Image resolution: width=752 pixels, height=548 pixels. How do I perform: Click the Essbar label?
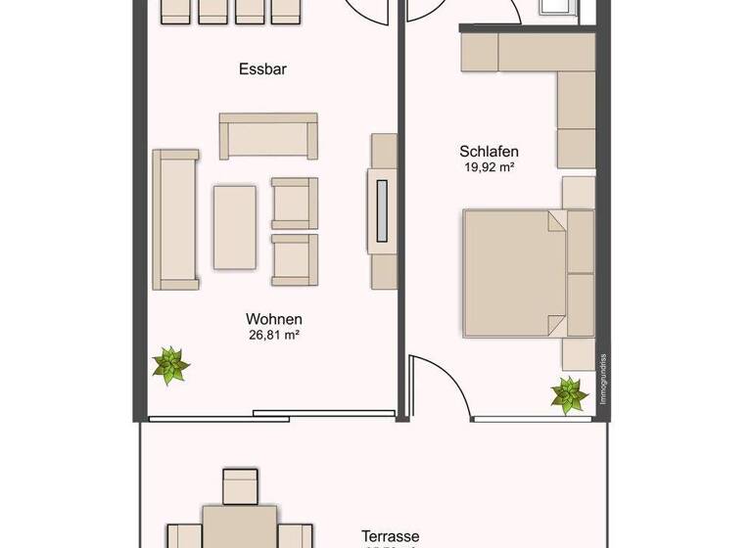pyautogui.click(x=267, y=69)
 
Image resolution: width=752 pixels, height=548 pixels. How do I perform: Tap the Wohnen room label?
pyautogui.click(x=273, y=319)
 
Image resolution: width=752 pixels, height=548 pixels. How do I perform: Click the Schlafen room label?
pyautogui.click(x=489, y=152)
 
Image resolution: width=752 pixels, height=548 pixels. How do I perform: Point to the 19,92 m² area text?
pyautogui.click(x=489, y=167)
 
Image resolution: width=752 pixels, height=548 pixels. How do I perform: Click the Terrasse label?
pyautogui.click(x=391, y=536)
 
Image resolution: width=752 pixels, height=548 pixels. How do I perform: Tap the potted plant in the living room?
pyautogui.click(x=171, y=366)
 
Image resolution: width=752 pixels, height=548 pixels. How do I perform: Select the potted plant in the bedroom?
pyautogui.click(x=569, y=394)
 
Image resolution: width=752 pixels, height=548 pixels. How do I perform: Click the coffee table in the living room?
pyautogui.click(x=235, y=227)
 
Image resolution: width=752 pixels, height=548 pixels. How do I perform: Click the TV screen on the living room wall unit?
pyautogui.click(x=382, y=211)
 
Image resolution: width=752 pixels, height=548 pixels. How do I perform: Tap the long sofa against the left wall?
pyautogui.click(x=175, y=219)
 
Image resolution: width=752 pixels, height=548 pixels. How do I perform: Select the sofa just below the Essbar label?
pyautogui.click(x=268, y=135)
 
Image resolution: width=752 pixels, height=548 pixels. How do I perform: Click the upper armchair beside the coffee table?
pyautogui.click(x=294, y=203)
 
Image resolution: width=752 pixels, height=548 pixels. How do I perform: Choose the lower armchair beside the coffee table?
pyautogui.click(x=294, y=259)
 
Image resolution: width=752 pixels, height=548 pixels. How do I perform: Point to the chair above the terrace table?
pyautogui.click(x=240, y=484)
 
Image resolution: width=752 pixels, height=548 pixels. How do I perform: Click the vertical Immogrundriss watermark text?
pyautogui.click(x=604, y=378)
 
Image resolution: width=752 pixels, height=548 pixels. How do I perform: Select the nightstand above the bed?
pyautogui.click(x=579, y=192)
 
